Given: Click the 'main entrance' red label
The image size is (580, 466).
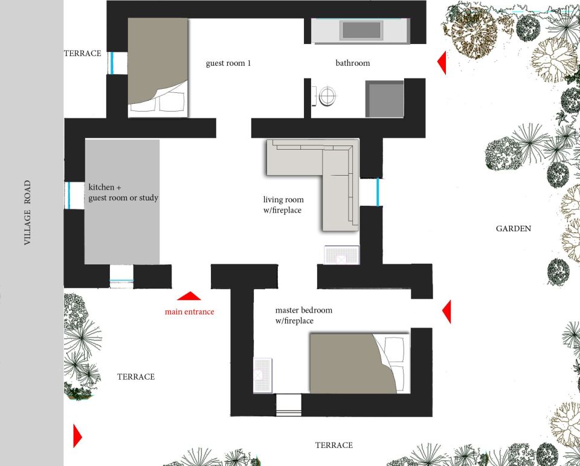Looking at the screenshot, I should click(189, 312).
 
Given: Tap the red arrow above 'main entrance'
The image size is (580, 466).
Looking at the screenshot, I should click(189, 296).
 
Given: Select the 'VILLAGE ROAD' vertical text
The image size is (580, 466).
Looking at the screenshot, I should click(27, 213).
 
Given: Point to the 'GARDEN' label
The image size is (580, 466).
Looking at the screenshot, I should click(514, 229).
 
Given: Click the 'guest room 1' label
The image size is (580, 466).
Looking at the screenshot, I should click(228, 63).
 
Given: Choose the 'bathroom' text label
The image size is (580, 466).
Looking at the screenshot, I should click(353, 63).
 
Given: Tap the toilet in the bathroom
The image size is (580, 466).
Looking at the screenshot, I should click(327, 96).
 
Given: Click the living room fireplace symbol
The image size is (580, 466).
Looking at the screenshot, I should click(341, 255).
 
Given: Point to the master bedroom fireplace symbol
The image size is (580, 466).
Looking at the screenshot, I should click(263, 375).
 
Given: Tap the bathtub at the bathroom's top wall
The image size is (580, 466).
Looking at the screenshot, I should click(361, 30).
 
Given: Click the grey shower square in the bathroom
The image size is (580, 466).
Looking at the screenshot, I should click(385, 99).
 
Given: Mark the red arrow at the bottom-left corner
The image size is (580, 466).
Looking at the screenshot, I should click(77, 436).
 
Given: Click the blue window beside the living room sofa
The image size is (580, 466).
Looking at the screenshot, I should click(378, 192).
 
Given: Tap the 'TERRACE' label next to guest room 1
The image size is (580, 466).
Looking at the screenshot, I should click(83, 53).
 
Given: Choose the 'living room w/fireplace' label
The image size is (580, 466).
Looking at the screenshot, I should click(283, 205).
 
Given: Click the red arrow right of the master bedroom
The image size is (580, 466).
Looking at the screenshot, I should click(446, 312).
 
